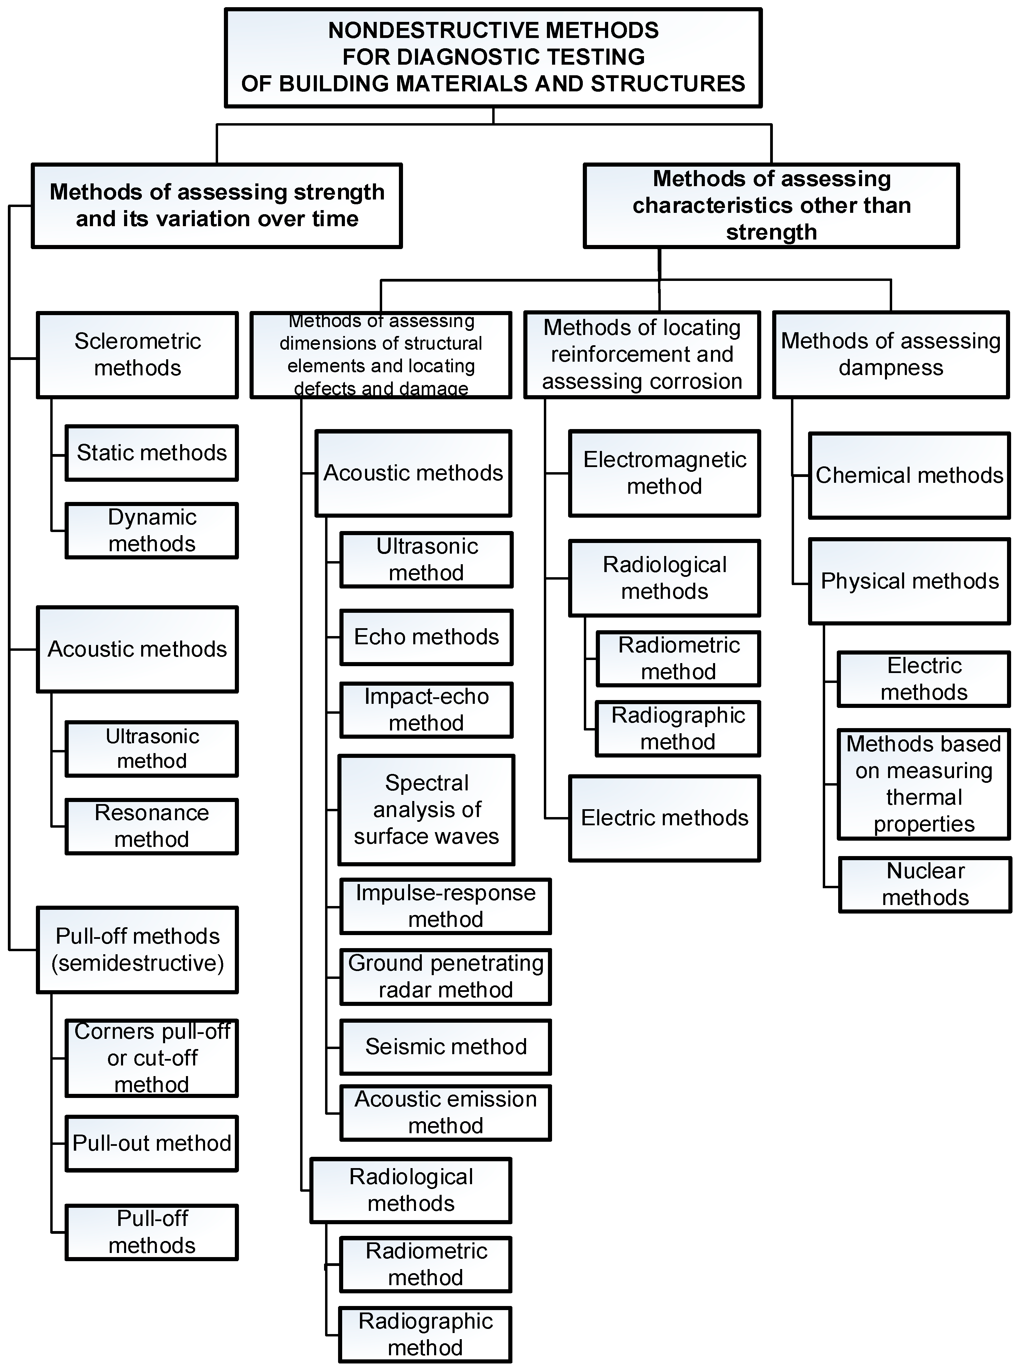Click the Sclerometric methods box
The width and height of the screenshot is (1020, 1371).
coord(137,355)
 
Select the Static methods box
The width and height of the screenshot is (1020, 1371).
coord(151,453)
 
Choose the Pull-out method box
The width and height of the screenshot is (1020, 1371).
coord(151,1143)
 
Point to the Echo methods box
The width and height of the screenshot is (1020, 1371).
coord(426,637)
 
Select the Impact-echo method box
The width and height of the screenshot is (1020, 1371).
coord(426,710)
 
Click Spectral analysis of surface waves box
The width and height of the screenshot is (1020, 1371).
coord(426,810)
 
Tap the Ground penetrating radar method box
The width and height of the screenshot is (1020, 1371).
coord(445,977)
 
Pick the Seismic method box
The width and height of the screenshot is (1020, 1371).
coord(445,1047)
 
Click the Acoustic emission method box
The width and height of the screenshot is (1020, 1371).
coord(445,1112)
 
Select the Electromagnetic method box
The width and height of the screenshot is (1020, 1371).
coord(665,473)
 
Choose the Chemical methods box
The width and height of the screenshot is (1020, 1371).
coord(909,475)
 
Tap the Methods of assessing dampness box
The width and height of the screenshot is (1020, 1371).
coord(890,355)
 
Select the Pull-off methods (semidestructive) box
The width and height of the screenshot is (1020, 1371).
coord(137,949)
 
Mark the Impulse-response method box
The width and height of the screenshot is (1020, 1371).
coord(445,906)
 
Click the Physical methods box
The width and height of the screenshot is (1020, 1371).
coord(909,581)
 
